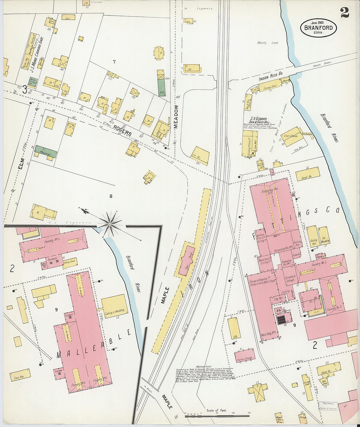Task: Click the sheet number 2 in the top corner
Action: coord(344,12)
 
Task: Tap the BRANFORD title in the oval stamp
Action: coord(318,28)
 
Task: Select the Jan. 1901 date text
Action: coord(317,22)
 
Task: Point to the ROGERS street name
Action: coord(123,131)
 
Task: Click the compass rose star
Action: coord(110,224)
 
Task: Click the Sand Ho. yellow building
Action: coord(308,174)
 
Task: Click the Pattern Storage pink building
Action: coord(245,356)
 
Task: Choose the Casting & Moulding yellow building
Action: coord(115,306)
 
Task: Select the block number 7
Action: coord(114,62)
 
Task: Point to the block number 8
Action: coord(111,196)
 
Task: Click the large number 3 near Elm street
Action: coord(25,89)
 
